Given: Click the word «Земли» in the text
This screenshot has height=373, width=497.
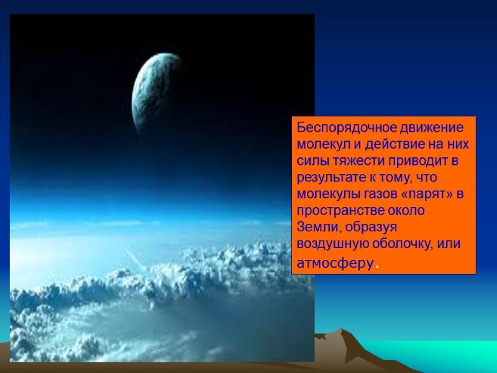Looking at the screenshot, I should (313, 228).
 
